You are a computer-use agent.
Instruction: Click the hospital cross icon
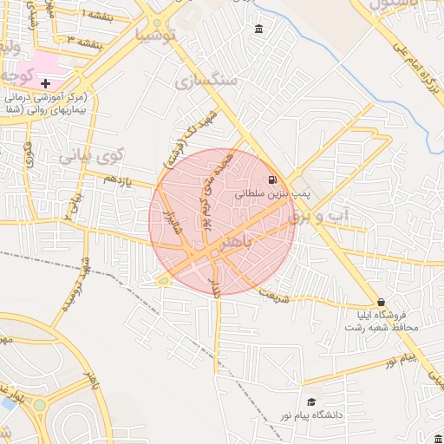tap(45, 83)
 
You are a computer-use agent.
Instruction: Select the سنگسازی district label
tap(206, 82)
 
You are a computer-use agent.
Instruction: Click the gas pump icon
tap(273, 180)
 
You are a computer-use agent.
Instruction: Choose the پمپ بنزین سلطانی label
tap(271, 195)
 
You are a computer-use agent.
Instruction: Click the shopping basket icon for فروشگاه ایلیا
tap(381, 302)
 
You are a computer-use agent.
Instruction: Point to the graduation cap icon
tap(310, 402)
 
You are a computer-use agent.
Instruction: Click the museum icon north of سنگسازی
tap(260, 31)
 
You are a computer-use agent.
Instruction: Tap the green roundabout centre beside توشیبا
tap(157, 23)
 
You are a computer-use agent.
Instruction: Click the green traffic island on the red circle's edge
tap(163, 279)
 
